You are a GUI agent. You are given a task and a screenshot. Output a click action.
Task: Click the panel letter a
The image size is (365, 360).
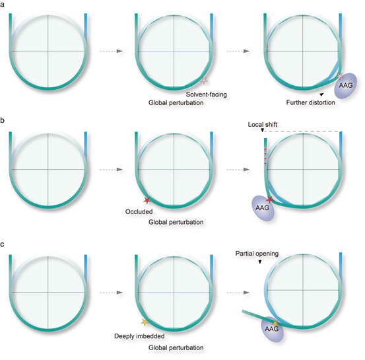coord(2,5)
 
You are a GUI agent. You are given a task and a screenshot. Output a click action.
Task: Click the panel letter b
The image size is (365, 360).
coord(3,120)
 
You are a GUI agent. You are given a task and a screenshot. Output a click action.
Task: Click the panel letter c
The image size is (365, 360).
coord(3,244)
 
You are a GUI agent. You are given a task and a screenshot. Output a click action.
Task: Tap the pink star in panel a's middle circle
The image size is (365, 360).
coord(204,81)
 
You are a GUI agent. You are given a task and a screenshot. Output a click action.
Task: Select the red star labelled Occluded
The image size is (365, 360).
coord(147,200)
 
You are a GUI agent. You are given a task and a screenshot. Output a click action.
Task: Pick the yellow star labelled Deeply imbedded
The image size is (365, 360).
coord(145,322)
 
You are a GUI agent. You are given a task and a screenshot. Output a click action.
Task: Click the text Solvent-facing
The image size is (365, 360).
coord(206,94)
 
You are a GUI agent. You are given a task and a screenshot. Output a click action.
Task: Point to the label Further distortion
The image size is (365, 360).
coord(310,102)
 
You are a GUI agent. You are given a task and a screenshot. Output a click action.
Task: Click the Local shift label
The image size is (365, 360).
coord(262,124)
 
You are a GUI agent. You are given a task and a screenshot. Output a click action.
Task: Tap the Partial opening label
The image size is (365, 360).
coord(257,254)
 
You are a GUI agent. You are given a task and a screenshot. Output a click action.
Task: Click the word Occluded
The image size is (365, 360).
coord(139,211)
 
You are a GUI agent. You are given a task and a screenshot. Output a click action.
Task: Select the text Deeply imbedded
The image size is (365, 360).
coord(139,336)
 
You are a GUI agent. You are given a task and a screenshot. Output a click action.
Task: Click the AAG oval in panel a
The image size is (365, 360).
coord(346,85)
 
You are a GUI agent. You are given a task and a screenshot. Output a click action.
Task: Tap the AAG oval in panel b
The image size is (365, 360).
coord(263,207)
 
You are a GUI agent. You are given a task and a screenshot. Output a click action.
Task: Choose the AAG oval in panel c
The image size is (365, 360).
coord(272,329)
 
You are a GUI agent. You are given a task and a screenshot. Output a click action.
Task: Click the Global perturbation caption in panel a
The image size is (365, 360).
coord(176,103)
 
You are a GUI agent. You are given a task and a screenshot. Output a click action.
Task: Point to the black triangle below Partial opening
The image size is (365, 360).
coord(260,262)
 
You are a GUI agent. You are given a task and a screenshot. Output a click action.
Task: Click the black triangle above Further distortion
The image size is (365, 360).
coord(321,94)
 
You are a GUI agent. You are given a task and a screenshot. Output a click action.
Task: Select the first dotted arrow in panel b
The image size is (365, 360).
coord(112,170)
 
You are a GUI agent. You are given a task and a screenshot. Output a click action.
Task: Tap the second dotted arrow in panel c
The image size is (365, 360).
coord(238,293)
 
